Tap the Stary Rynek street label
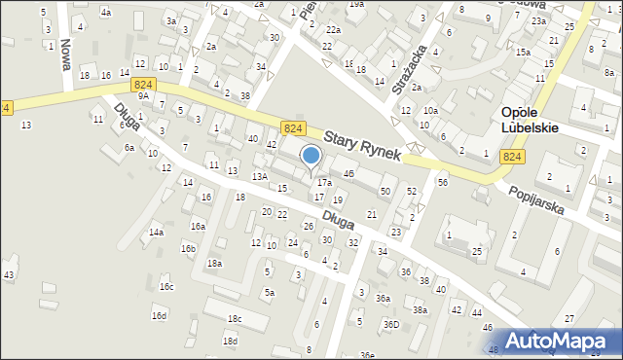[x=362, y=147]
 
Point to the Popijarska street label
[x=537, y=201]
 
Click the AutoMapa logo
[x=563, y=341]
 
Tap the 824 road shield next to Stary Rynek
[x=291, y=128]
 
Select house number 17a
[x=324, y=182]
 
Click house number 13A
[x=259, y=176]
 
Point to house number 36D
[x=390, y=324]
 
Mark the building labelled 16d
[x=159, y=315]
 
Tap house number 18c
[x=235, y=318]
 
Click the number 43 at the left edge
[x=9, y=275]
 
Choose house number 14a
[x=156, y=233]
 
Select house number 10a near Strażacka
[x=430, y=111]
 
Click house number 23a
[x=537, y=20]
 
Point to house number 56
[x=442, y=182]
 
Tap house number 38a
[x=420, y=309]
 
